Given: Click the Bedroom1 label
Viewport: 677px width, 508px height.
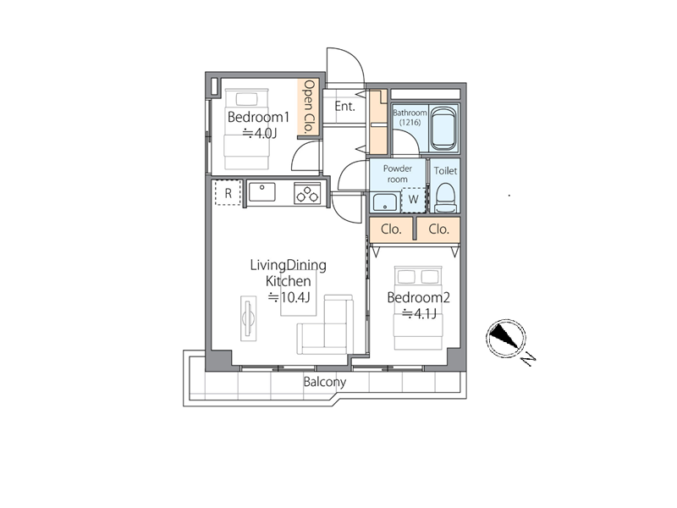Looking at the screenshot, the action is tap(258, 117).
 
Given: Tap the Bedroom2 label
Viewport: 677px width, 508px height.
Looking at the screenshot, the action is tap(418, 297).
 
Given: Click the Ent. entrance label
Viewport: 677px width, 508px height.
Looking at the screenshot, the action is tap(344, 106).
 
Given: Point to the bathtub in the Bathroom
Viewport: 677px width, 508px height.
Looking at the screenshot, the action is tap(443, 128).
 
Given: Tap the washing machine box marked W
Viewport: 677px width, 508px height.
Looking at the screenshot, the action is tap(413, 200).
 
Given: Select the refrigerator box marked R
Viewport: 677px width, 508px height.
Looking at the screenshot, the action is tap(228, 193).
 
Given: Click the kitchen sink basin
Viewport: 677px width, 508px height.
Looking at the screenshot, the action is tap(262, 192).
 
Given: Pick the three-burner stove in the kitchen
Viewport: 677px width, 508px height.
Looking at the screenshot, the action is tap(308, 193).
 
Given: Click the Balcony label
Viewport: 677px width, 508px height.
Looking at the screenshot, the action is tap(325, 382).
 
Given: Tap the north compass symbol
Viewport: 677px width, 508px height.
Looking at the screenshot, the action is tap(505, 339).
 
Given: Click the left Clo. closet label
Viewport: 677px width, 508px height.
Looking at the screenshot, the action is tap(391, 229).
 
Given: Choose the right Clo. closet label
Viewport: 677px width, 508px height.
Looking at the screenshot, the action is tap(438, 229).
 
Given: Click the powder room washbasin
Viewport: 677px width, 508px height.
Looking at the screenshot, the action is tap(385, 202).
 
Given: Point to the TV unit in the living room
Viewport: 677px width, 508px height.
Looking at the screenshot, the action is tap(248, 319).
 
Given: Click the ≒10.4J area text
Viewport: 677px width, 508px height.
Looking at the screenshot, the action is tap(289, 297).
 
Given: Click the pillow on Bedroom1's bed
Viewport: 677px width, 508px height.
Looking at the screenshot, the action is tap(246, 98).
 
